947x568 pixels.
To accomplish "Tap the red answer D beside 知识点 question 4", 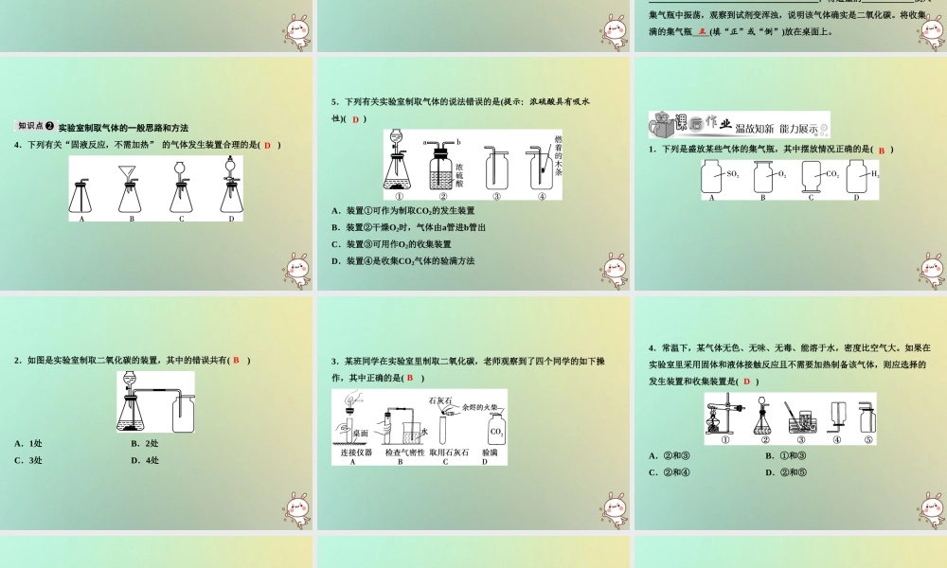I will pyautogui.click(x=267, y=144).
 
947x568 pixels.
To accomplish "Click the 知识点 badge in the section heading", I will pyautogui.click(x=35, y=127).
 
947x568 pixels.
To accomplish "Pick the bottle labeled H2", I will pyautogui.click(x=860, y=176).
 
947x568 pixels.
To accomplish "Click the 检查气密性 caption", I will pyautogui.click(x=404, y=453).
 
